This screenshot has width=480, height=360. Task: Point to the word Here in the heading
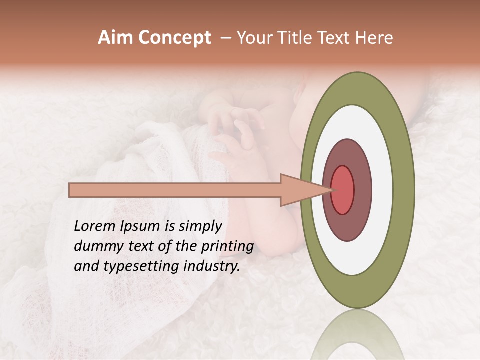375,38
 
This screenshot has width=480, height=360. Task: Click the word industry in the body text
211,267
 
